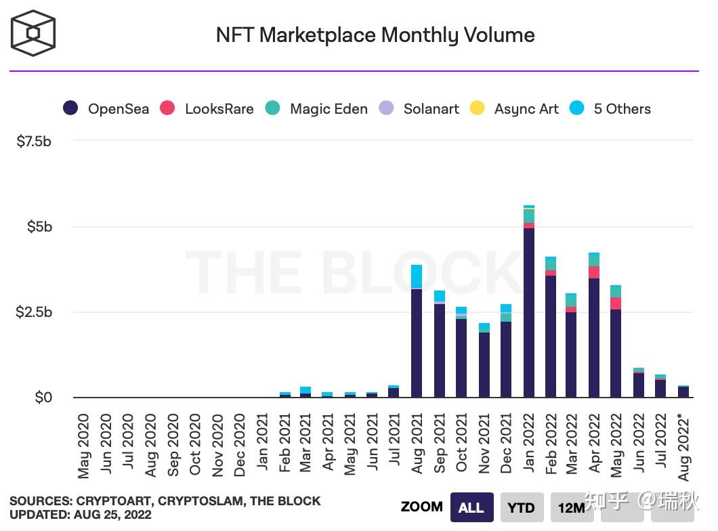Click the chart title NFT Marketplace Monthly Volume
coord(375,35)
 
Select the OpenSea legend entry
coord(106,108)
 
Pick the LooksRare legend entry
coord(207,108)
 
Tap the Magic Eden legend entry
coord(317,108)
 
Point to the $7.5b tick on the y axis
coord(34,141)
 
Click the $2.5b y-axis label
coord(34,312)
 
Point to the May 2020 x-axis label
coord(84,445)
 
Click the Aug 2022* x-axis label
coord(684,449)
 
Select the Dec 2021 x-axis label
coord(506,445)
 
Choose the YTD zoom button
coord(522,507)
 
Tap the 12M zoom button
coord(571,507)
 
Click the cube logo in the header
coord(33,33)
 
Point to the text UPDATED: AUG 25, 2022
coord(81,515)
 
